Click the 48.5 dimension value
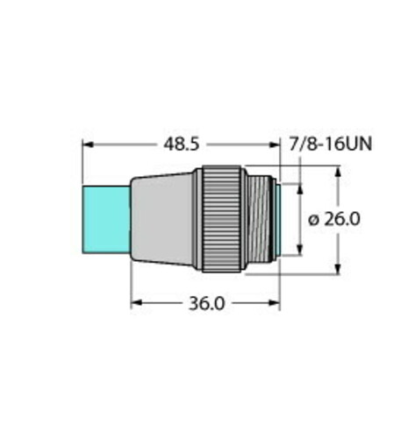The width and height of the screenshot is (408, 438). click(182, 145)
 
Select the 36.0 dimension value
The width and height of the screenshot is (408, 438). click(207, 303)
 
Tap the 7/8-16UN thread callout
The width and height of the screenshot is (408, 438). click(331, 145)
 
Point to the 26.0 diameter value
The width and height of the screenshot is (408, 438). click(342, 219)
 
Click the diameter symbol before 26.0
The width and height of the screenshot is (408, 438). click(314, 220)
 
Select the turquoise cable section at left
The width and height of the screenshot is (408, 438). click(106, 220)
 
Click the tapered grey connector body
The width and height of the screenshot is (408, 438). click(162, 220)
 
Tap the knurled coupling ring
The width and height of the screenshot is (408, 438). click(222, 219)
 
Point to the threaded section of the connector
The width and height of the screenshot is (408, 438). click(258, 219)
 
